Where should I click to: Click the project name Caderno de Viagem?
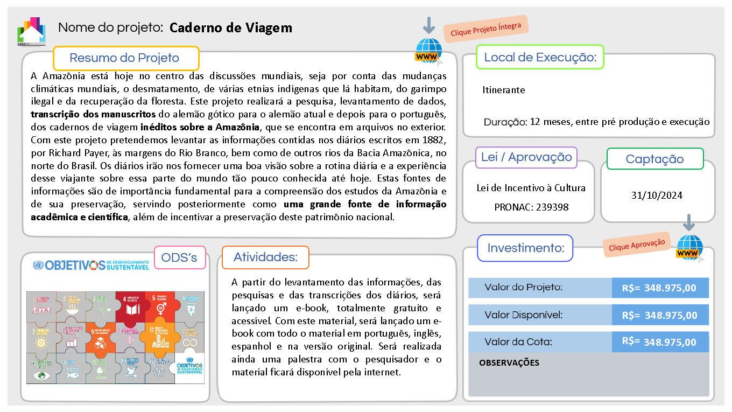230,28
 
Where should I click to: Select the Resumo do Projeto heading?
125,58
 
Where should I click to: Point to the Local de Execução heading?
540,58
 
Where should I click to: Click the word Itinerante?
503,90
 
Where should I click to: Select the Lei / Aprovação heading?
526,157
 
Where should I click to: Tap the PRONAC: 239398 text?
531,207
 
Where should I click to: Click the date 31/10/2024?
657,195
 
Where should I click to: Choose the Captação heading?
654,159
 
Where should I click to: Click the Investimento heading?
525,248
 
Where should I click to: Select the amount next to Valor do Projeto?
659,288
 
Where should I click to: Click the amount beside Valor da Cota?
659,342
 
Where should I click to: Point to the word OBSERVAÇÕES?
509,363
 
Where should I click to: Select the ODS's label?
180,258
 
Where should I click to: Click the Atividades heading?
265,257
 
